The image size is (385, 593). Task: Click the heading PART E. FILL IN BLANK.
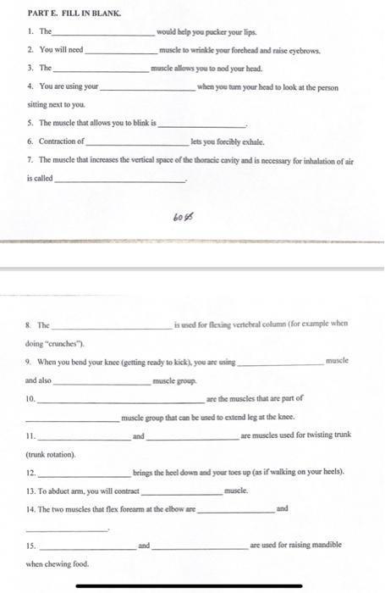[63, 13]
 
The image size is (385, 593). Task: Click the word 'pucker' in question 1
[206, 32]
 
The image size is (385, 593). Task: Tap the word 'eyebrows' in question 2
[299, 51]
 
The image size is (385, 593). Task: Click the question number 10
[31, 399]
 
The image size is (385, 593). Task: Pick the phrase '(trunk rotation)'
[55, 453]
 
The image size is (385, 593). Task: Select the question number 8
[30, 324]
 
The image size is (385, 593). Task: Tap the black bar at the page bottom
[191, 586]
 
